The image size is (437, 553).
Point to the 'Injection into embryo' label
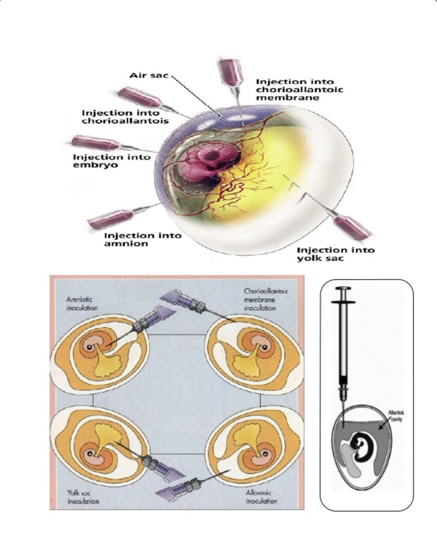coord(112,161)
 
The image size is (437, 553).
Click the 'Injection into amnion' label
coord(143,239)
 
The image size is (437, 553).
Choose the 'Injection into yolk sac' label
coord(335,254)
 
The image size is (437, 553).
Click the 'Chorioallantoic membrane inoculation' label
coord(266,299)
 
